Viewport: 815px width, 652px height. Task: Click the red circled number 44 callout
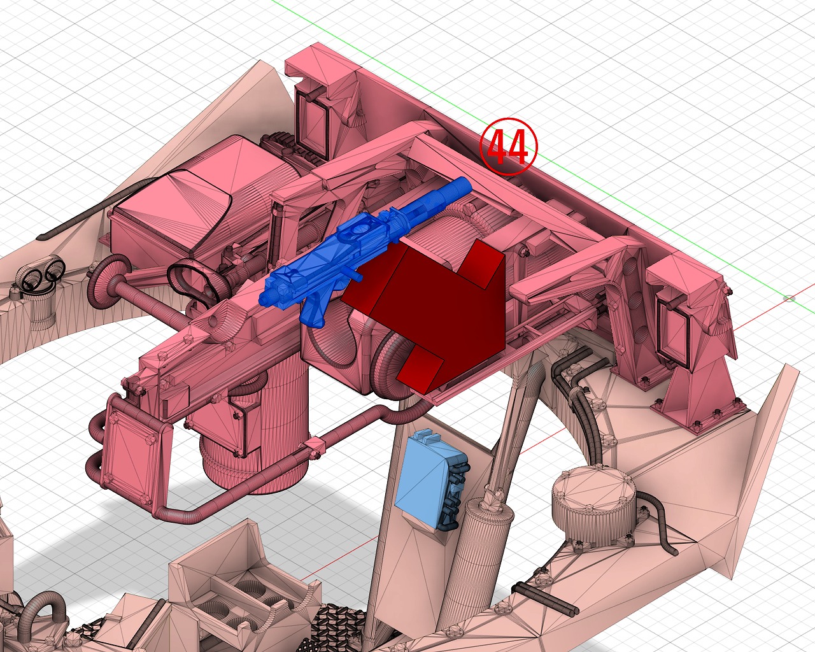click(x=508, y=146)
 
